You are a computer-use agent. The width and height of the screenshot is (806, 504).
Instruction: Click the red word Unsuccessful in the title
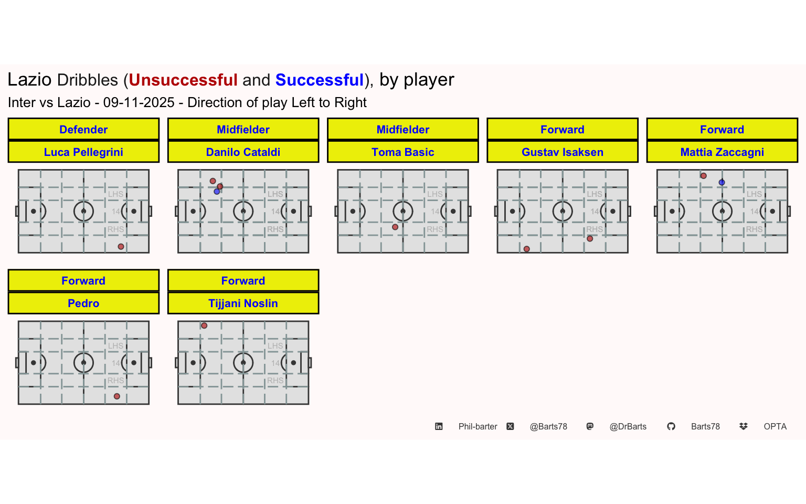[183, 80]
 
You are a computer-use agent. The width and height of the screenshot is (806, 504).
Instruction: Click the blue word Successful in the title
[320, 80]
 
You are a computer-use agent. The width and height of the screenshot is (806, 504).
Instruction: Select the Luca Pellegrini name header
[83, 152]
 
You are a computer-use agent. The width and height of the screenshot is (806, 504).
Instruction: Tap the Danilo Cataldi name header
[243, 152]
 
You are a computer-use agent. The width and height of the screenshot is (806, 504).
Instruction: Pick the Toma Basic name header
[403, 152]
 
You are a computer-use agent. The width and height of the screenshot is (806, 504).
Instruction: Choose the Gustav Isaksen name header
[563, 152]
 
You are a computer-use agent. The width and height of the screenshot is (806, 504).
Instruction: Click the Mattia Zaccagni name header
[722, 152]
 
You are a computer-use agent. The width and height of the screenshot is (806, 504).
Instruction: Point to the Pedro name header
[83, 303]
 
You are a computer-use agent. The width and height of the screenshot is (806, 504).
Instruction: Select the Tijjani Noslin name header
[243, 303]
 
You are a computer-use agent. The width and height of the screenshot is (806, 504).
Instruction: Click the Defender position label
[83, 130]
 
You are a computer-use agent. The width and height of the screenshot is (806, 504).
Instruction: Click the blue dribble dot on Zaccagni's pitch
[722, 183]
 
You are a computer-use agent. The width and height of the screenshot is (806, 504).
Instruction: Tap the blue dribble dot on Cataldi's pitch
[217, 192]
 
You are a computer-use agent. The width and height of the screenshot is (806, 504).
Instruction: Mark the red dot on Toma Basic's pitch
[395, 227]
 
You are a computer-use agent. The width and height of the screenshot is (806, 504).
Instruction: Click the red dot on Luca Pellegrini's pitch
[121, 247]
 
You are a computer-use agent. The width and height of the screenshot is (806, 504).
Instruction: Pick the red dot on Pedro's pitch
[117, 396]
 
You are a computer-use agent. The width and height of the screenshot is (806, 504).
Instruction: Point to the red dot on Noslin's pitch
[204, 325]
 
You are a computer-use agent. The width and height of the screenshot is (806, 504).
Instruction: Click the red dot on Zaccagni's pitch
[704, 176]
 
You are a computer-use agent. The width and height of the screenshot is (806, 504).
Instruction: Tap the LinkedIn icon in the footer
[439, 427]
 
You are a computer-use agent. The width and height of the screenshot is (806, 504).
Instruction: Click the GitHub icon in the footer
[671, 427]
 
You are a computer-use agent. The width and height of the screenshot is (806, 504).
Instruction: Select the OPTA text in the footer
[775, 427]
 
